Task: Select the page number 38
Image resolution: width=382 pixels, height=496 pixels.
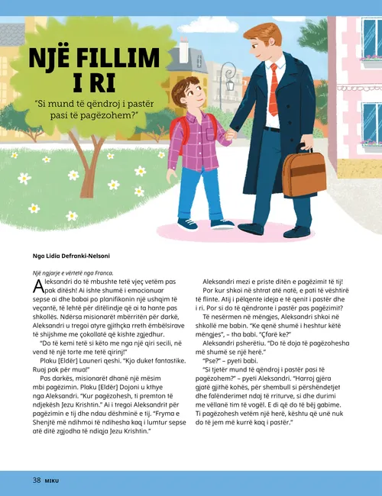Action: tap(36, 480)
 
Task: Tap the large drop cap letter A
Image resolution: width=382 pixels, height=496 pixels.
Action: tap(40, 288)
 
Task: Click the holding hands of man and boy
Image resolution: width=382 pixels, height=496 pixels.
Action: tap(229, 136)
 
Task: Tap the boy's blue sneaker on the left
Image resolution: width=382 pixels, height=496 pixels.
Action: tap(186, 224)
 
